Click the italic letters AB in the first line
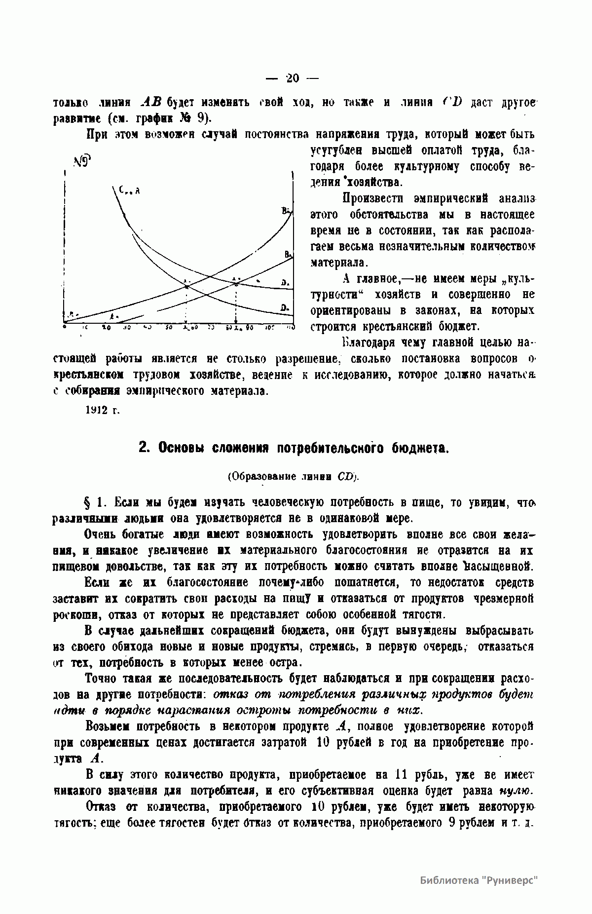click(x=151, y=102)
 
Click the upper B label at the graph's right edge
click(x=286, y=211)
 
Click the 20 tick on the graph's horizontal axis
click(x=106, y=327)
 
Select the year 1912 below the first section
click(x=97, y=410)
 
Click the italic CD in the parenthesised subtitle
click(x=345, y=477)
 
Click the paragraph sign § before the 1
click(x=89, y=503)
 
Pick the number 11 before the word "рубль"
click(x=400, y=774)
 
